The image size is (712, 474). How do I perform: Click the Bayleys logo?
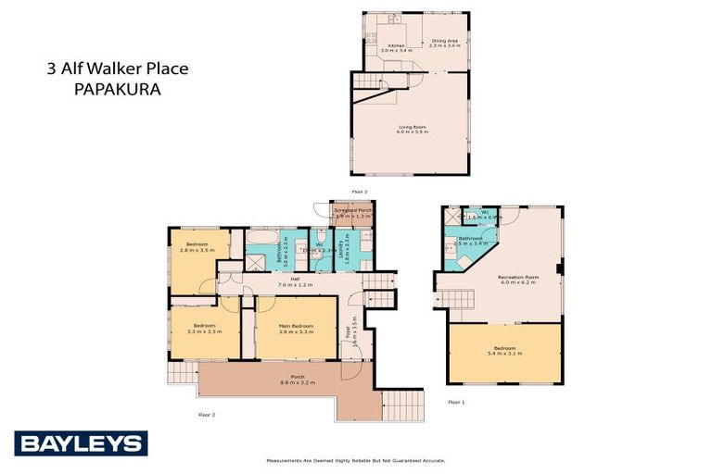pos(80,443)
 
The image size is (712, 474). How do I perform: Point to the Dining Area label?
pos(446,42)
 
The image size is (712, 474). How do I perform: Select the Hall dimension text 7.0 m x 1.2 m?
pos(295,284)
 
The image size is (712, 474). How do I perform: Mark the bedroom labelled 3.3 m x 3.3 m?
pos(203,329)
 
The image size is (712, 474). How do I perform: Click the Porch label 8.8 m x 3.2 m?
pos(297,379)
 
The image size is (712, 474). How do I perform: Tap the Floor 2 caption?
pos(207,414)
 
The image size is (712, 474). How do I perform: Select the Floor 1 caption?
pos(455,403)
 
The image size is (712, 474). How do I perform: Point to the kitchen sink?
pos(393,19)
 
